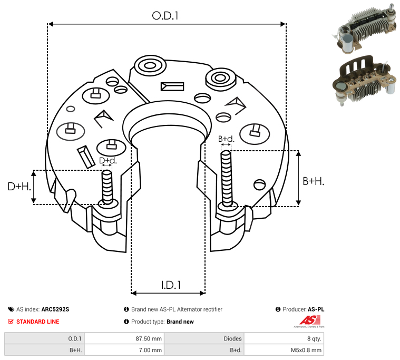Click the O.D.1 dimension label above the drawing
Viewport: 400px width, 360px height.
(x=165, y=16)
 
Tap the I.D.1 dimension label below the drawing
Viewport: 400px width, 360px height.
(x=171, y=285)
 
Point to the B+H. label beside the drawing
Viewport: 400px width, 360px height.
(x=313, y=181)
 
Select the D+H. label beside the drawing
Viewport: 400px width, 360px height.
(x=19, y=187)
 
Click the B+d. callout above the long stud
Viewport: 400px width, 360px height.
(x=226, y=139)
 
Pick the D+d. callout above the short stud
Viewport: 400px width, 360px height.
(x=108, y=160)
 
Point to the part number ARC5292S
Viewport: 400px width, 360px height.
(x=55, y=309)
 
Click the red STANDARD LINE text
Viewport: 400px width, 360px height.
(x=38, y=322)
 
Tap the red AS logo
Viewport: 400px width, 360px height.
(x=310, y=320)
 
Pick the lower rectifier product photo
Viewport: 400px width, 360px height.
(x=365, y=80)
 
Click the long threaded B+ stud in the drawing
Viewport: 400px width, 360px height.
(x=226, y=178)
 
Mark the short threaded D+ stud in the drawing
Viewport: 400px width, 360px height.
(x=107, y=187)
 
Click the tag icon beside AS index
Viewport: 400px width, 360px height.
(x=11, y=309)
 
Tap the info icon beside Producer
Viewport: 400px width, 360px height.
(x=278, y=309)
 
